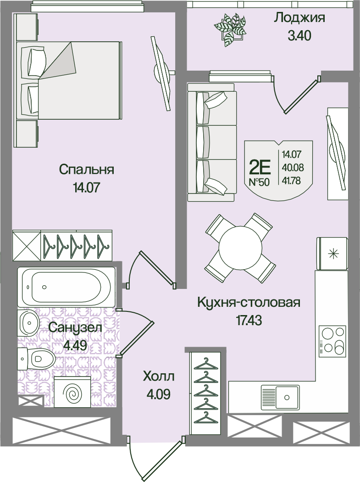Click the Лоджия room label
point(299,18)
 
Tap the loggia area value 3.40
point(299,36)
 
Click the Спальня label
point(87,170)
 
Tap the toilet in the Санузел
point(36,359)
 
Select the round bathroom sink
point(28,323)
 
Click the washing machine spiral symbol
point(72,392)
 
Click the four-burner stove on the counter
point(332,341)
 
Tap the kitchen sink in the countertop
point(280,398)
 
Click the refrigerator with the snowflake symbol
point(332,254)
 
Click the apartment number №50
point(259,182)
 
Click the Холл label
point(159,376)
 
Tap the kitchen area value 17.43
point(249,321)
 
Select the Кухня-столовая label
point(249,303)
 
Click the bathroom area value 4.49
point(75,345)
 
